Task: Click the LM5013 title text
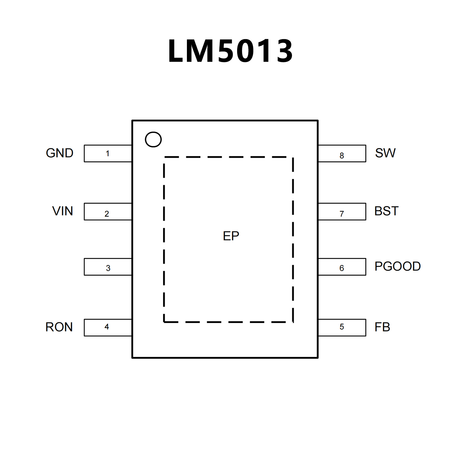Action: pyautogui.click(x=230, y=51)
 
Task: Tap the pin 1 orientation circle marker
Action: pyautogui.click(x=153, y=139)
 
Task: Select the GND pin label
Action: pyautogui.click(x=60, y=153)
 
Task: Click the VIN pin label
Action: pyautogui.click(x=63, y=211)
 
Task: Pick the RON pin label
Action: pyautogui.click(x=59, y=327)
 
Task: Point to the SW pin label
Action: pyautogui.click(x=385, y=153)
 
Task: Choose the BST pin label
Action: pyautogui.click(x=386, y=211)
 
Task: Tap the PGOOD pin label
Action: pyautogui.click(x=397, y=266)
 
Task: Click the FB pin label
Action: pyautogui.click(x=382, y=327)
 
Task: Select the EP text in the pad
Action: pyautogui.click(x=231, y=236)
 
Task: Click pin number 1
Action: pyautogui.click(x=107, y=153)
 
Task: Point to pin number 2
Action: pyautogui.click(x=107, y=214)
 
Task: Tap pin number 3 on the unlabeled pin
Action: pyautogui.click(x=108, y=268)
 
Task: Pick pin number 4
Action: pyautogui.click(x=107, y=327)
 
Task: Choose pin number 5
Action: pyautogui.click(x=342, y=327)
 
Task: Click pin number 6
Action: pyautogui.click(x=342, y=268)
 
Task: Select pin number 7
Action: pyautogui.click(x=342, y=214)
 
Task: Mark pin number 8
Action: pyautogui.click(x=342, y=156)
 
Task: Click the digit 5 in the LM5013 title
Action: pyautogui.click(x=228, y=51)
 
